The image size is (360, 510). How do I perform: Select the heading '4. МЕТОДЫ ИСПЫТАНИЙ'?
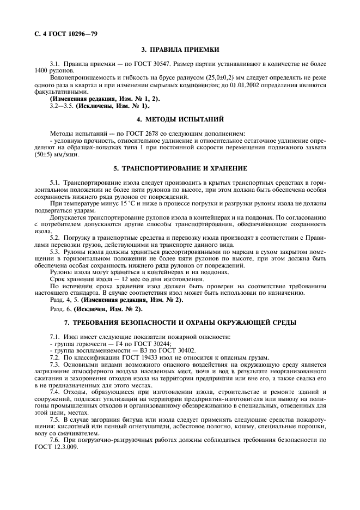click(180, 119)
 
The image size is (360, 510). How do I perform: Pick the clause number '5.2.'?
click(56, 238)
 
